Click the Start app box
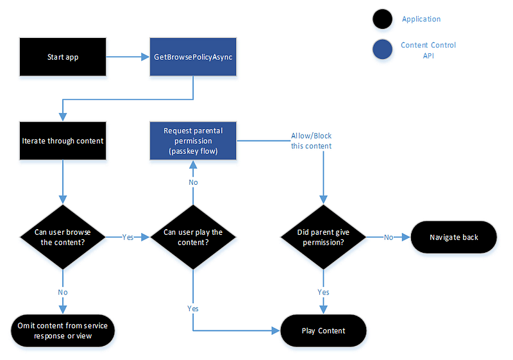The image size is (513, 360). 63,57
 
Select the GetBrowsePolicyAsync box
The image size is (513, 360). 193,57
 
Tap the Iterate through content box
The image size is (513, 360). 63,141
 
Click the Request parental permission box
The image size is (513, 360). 193,141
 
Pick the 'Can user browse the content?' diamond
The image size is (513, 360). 63,237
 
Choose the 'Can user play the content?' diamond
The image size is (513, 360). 193,237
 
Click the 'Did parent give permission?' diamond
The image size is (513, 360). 323,237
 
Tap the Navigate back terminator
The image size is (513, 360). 454,237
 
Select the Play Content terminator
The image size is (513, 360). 323,330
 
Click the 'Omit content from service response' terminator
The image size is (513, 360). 63,330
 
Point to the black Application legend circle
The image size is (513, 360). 382,19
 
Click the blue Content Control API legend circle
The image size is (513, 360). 382,49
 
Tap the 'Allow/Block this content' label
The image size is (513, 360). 311,141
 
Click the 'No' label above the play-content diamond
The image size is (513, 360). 193,182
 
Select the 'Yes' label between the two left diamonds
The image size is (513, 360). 128,237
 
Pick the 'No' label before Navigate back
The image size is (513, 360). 389,237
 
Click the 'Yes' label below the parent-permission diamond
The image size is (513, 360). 323,292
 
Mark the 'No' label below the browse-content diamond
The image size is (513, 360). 63,292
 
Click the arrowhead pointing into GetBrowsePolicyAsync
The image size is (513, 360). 145,57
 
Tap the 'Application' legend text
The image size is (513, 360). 421,19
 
